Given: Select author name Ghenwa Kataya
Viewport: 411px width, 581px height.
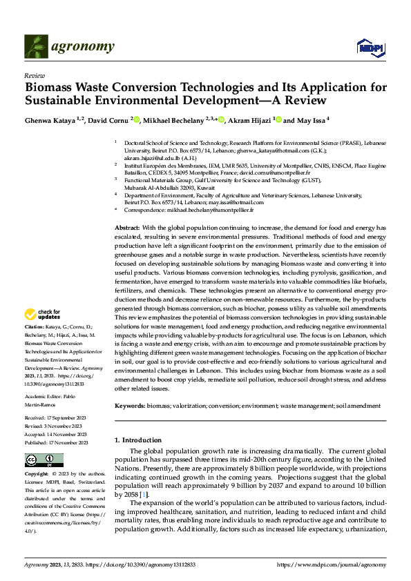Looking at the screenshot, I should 48,119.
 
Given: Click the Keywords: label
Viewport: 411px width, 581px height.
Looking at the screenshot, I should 131,406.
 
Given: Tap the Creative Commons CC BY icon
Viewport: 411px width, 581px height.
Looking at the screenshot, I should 44,460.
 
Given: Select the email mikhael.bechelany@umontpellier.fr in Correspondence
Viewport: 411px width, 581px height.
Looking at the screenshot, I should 212,209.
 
